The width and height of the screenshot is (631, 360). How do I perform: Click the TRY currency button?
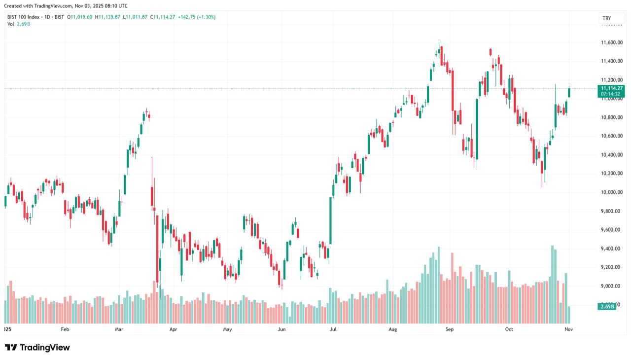[606, 18]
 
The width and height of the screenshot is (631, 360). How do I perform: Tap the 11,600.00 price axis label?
[611, 43]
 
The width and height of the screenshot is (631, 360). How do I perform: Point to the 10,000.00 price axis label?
[611, 192]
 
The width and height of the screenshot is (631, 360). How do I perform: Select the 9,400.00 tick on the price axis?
[611, 249]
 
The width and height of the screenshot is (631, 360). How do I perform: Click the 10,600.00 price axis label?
[611, 136]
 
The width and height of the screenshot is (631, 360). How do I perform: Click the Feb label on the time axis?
[64, 329]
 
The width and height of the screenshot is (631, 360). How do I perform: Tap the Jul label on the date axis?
[333, 329]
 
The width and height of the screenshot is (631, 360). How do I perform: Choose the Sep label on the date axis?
[449, 329]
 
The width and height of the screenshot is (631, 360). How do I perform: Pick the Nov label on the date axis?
[568, 329]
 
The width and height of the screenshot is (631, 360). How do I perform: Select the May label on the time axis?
[227, 329]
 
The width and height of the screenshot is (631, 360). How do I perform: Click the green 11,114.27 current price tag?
[612, 88]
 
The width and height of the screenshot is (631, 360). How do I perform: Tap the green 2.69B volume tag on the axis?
[607, 307]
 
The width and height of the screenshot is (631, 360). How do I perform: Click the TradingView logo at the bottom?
[37, 348]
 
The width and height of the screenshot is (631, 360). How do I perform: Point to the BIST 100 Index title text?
[24, 17]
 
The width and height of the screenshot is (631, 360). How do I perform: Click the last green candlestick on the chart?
[569, 92]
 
